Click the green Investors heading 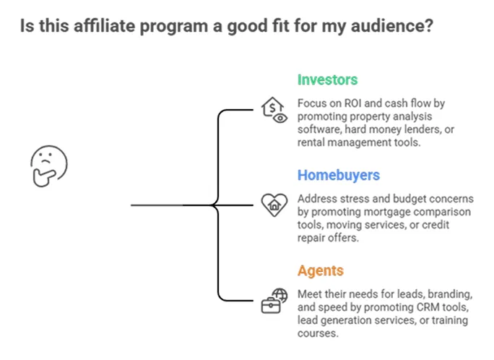[x=327, y=80]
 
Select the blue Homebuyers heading [x=339, y=176]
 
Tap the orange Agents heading [x=320, y=271]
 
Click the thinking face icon [x=48, y=166]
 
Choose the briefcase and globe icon [x=273, y=301]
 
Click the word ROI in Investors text [x=345, y=104]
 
